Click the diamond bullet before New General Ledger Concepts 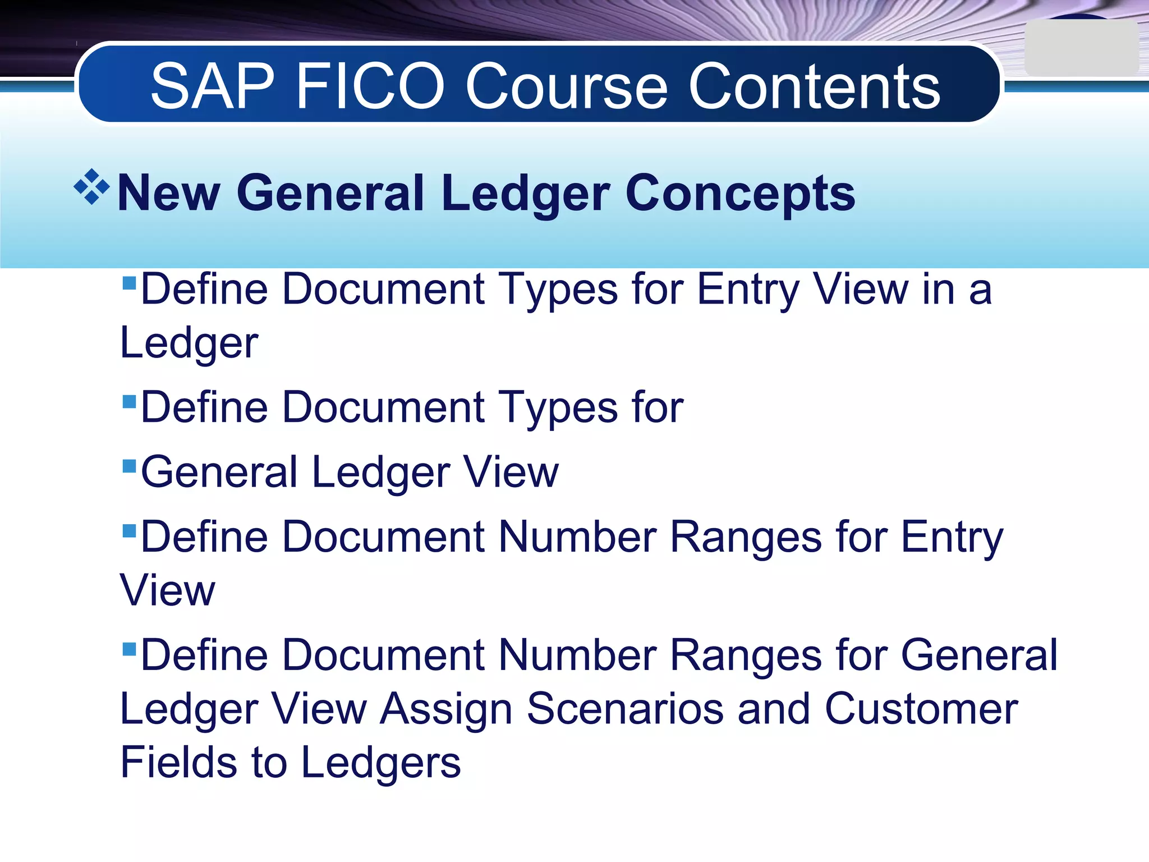point(91,186)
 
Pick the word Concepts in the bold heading point(740,193)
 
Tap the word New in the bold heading point(169,193)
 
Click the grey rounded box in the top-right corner point(1080,48)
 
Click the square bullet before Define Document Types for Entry point(129,282)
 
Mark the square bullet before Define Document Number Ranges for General point(129,649)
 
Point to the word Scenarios point(625,709)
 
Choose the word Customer point(921,709)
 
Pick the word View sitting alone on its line point(167,590)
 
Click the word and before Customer point(774,709)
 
